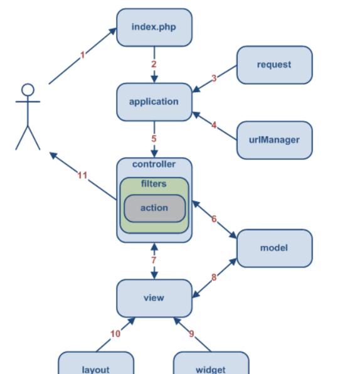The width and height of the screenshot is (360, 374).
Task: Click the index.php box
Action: pos(154,27)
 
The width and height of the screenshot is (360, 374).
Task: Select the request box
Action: pos(275,65)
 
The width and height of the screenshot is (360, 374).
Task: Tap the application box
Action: pos(154,102)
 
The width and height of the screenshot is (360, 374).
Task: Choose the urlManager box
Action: pos(275,140)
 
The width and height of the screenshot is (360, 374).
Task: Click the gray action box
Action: pos(154,208)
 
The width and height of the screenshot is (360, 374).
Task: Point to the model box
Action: pos(275,248)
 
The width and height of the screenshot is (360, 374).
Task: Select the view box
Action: pos(154,298)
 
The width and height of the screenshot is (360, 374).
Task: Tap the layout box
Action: pos(96,363)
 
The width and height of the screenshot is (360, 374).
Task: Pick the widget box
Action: pos(211,363)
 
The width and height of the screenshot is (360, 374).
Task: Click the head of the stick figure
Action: pos(28,90)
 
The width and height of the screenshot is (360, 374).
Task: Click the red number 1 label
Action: pos(83,55)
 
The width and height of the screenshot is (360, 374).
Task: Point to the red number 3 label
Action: pos(214,78)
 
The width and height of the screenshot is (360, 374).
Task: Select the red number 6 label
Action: pos(214,219)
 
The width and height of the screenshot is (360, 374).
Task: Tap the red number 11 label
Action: pos(83,176)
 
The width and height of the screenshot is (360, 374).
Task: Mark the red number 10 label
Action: pos(115,334)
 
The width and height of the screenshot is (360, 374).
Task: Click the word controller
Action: pos(154,164)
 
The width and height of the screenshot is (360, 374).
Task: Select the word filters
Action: pos(154,184)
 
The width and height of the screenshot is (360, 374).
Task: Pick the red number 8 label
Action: pos(214,277)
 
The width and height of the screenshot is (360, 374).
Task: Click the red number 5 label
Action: pos(154,139)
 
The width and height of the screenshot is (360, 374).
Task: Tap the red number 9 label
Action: pos(191,334)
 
